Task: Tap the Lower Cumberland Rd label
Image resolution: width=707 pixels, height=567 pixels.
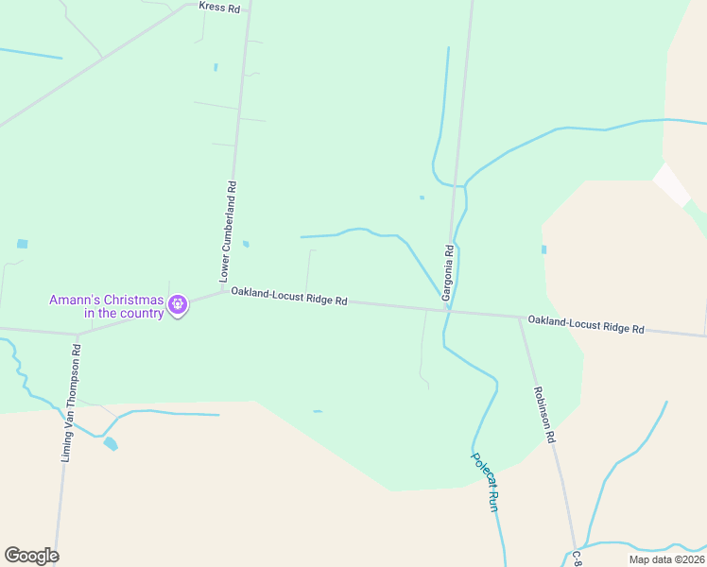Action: (x=228, y=232)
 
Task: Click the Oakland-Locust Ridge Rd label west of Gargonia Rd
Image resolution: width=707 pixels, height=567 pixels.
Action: (x=289, y=296)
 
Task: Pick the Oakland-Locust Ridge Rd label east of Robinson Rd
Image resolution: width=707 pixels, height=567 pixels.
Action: (x=586, y=324)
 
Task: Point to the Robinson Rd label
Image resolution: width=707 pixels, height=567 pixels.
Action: (x=542, y=415)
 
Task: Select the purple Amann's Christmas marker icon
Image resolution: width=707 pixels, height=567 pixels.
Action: (x=177, y=304)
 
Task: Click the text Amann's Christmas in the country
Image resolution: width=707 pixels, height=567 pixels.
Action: (x=107, y=307)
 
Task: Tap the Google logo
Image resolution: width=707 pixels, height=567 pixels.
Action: (x=31, y=556)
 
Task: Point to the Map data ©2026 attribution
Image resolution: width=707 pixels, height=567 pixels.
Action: (x=666, y=559)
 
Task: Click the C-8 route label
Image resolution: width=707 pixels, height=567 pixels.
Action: (x=576, y=559)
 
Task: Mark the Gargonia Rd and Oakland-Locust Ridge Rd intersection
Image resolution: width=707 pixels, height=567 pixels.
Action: (x=448, y=310)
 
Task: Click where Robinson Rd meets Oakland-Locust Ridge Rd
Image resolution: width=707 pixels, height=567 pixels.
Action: (x=519, y=318)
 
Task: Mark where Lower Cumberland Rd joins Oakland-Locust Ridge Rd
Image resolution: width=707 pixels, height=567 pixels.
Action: (x=225, y=291)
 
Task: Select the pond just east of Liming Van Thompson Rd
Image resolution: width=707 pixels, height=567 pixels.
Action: (x=111, y=443)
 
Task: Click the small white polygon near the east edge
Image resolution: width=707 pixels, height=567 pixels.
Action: (x=672, y=183)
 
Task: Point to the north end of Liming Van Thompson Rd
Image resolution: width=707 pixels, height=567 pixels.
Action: (x=78, y=334)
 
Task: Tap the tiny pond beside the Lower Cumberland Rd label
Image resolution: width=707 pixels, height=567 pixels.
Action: (x=246, y=244)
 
